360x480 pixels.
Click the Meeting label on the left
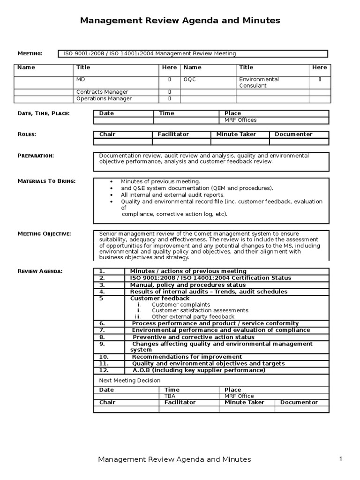pos(30,53)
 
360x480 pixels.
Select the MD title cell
pos(82,80)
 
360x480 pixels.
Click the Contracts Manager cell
pos(102,92)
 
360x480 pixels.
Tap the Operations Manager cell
pos(104,98)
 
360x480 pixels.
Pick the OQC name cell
pos(190,80)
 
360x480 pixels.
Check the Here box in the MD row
pos(169,80)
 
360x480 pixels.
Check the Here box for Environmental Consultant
pos(320,80)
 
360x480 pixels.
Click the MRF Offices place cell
pos(240,120)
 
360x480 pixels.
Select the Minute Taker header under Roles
pos(233,134)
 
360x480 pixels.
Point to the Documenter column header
pos(293,134)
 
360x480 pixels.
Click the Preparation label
pos(36,156)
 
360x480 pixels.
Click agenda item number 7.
pos(102,330)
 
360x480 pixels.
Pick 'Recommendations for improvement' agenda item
pos(187,357)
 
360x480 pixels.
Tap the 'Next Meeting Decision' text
pos(130,381)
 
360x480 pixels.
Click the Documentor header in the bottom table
pos(299,402)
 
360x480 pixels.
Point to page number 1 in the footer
pos(341,459)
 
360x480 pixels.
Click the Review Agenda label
pos(40,271)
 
